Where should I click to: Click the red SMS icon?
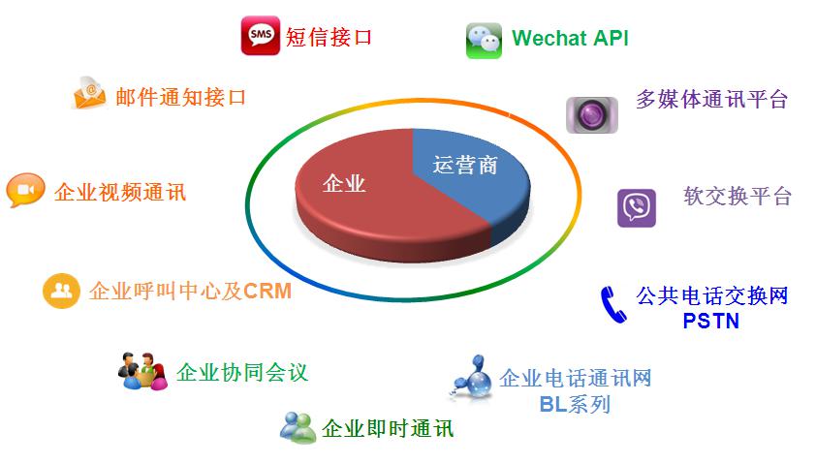tap(260, 36)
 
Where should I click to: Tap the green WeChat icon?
tap(484, 41)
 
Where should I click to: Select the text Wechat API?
tap(570, 38)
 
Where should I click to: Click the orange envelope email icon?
tap(89, 94)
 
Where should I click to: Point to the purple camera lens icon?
tap(592, 114)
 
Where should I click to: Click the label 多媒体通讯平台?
tap(712, 99)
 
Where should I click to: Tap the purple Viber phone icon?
tap(637, 208)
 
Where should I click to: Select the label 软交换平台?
tap(738, 196)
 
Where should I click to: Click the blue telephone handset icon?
tap(613, 305)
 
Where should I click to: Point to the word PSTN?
tap(711, 321)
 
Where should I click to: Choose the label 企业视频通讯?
tap(120, 193)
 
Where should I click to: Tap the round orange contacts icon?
tap(61, 291)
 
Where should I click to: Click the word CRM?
tap(267, 292)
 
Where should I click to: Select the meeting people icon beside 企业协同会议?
tap(142, 371)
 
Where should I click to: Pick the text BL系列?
tap(575, 404)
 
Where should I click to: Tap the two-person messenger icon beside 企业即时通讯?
tap(298, 427)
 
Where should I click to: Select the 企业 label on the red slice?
tap(344, 184)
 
